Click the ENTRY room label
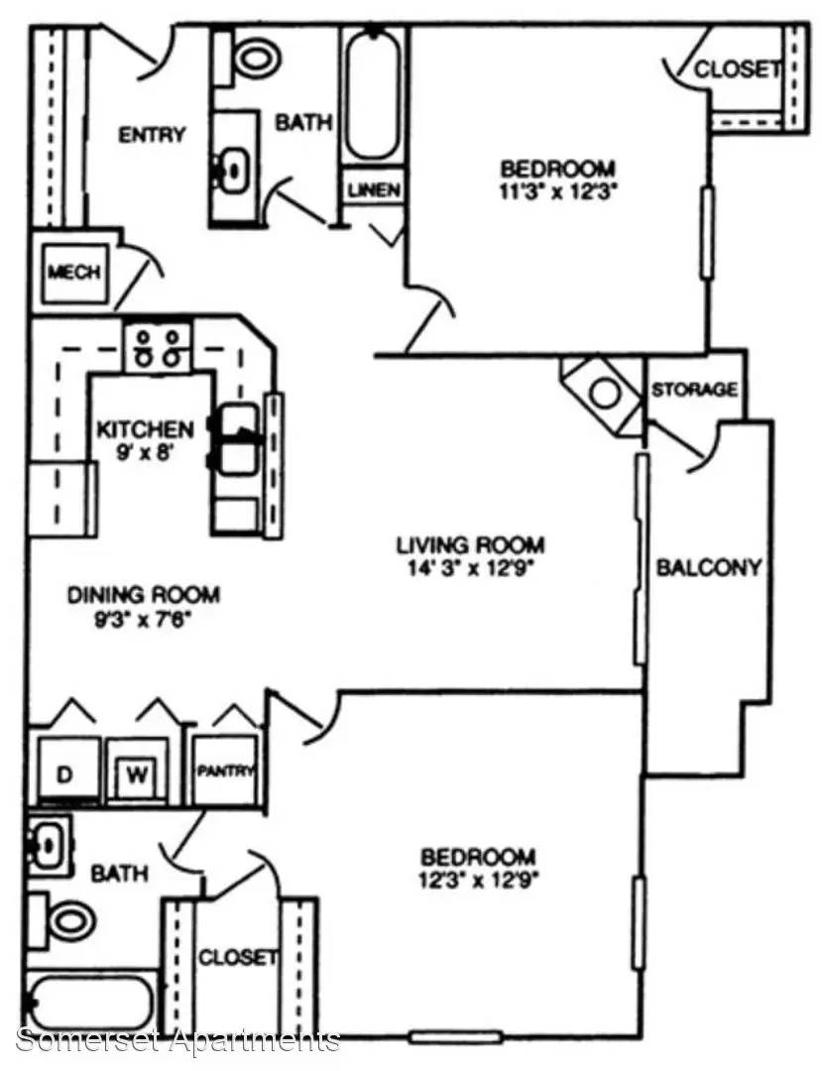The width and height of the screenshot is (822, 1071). click(152, 135)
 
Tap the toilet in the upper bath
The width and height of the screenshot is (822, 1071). click(248, 57)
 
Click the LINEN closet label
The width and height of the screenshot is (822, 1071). click(374, 189)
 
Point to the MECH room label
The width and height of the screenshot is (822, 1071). click(73, 272)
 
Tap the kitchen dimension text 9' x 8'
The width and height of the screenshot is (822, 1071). click(146, 451)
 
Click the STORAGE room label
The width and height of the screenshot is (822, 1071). click(694, 390)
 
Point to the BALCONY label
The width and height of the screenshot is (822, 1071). click(709, 567)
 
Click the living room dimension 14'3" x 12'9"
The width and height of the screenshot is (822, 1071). click(470, 567)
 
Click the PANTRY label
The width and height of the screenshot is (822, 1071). click(226, 771)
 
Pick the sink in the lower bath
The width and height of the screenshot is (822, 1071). click(50, 845)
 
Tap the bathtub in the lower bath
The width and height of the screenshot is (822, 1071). click(91, 1004)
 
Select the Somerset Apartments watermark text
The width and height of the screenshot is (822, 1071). click(178, 1040)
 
